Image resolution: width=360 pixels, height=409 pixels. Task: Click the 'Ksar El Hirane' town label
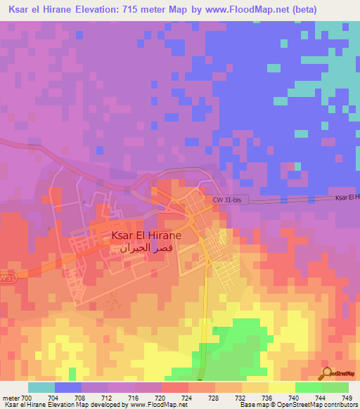pyautogui.click(x=146, y=236)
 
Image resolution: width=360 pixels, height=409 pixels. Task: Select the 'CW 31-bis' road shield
pyautogui.click(x=227, y=200)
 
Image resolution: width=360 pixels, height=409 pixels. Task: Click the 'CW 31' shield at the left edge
pyautogui.click(x=6, y=278)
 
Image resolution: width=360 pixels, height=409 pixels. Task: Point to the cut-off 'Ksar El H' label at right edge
pyautogui.click(x=347, y=197)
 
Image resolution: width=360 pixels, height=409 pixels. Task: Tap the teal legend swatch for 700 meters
pyautogui.click(x=41, y=387)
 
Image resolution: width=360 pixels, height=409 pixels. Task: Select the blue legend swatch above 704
pyautogui.click(x=68, y=387)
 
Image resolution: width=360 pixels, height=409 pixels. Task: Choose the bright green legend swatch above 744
pyautogui.click(x=308, y=387)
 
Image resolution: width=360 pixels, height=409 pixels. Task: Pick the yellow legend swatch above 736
pyautogui.click(x=281, y=387)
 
